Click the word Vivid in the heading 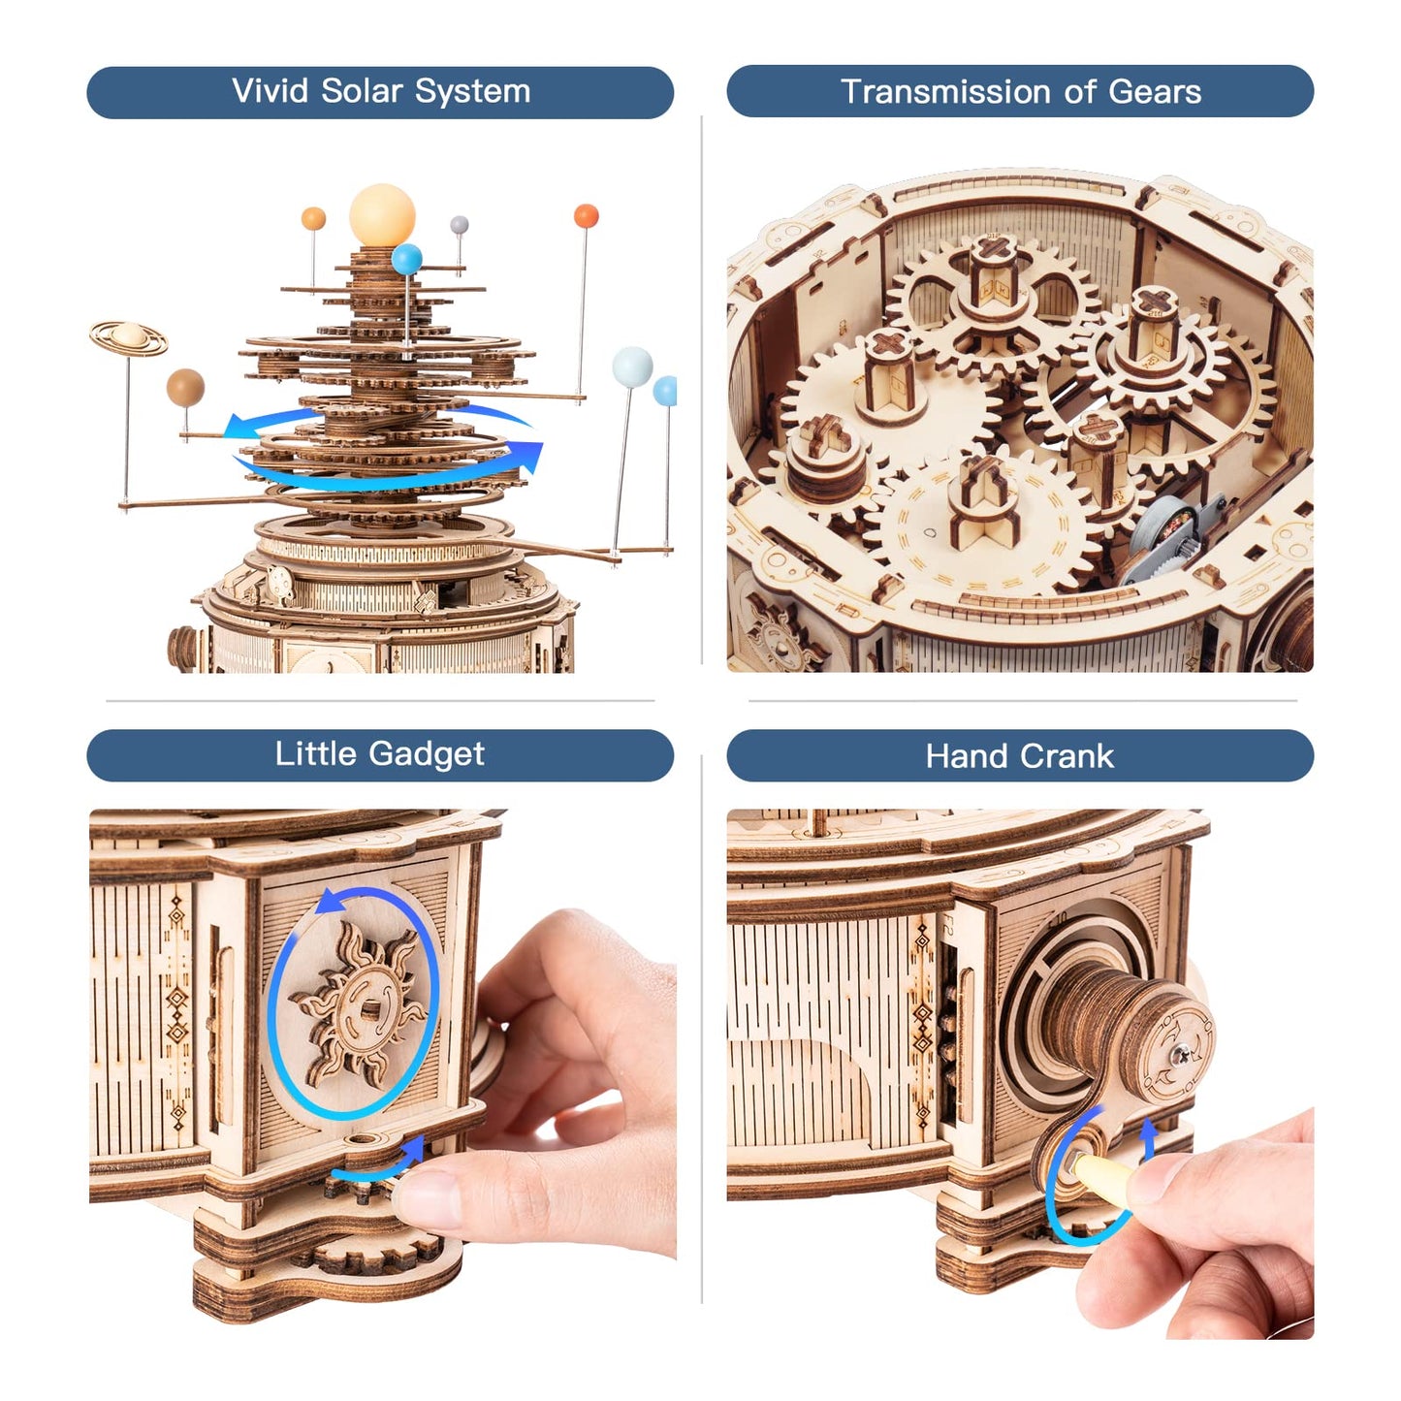(x=271, y=91)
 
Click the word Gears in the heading (x=1154, y=92)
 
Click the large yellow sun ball (x=382, y=215)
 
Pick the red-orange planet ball (x=586, y=215)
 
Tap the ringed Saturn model (x=128, y=336)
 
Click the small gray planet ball (x=459, y=226)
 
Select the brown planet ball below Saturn (x=185, y=387)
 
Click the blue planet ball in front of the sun (x=407, y=259)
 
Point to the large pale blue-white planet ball (x=632, y=366)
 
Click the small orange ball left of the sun (x=313, y=218)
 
